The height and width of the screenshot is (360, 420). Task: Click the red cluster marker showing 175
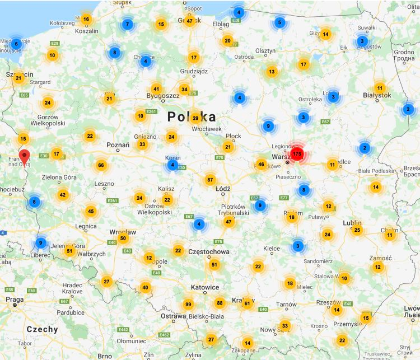297,153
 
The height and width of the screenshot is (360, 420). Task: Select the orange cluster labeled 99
188,304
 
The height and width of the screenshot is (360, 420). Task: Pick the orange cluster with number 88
220,303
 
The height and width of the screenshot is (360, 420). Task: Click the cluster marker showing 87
210,180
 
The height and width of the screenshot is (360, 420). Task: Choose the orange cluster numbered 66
101,165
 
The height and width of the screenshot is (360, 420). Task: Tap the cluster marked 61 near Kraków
247,303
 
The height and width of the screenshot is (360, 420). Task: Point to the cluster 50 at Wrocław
124,239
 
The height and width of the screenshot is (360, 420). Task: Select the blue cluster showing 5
279,23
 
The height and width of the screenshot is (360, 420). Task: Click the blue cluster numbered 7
127,25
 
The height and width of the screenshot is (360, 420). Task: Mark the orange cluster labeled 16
86,19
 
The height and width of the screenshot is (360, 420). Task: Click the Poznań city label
118,145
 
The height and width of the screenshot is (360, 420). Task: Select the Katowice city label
204,287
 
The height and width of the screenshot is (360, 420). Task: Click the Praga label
15,300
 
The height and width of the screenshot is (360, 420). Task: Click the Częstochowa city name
209,252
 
